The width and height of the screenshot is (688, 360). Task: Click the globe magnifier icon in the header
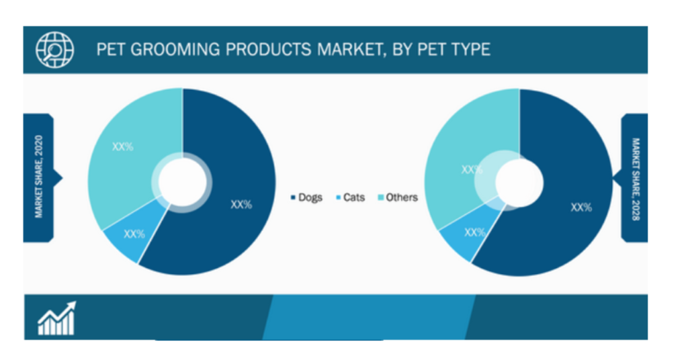(x=55, y=50)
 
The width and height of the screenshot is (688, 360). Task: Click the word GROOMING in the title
(x=175, y=50)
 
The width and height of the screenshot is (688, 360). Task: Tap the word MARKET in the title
(x=349, y=50)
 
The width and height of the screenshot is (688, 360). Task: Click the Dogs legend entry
(x=306, y=197)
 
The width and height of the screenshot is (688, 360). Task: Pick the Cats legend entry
(x=351, y=197)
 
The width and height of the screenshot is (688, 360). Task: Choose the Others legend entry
(x=398, y=197)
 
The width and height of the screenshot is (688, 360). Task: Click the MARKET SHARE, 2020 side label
(x=38, y=177)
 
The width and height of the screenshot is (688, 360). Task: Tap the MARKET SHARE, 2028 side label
(x=636, y=179)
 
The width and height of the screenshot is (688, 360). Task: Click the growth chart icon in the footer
(x=57, y=318)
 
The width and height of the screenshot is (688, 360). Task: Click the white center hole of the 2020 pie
(x=183, y=181)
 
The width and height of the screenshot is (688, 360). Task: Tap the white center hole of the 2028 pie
(x=519, y=183)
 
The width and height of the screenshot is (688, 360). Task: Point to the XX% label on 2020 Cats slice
(x=134, y=234)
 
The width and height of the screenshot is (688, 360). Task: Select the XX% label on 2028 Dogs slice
(x=581, y=208)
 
